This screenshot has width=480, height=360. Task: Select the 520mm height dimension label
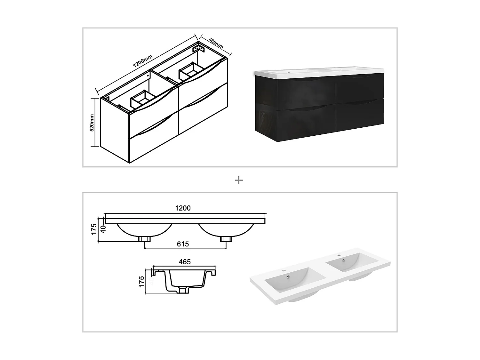click(92, 123)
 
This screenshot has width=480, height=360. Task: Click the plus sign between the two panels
click(239, 180)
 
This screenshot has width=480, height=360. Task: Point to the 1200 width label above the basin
click(183, 208)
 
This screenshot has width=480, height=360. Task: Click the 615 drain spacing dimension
click(183, 244)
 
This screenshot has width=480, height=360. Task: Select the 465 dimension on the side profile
click(185, 262)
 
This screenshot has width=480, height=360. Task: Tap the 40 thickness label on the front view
click(103, 229)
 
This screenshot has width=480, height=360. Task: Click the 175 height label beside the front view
click(94, 229)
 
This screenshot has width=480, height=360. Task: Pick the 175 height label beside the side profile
click(142, 282)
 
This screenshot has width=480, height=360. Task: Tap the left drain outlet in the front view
click(145, 239)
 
